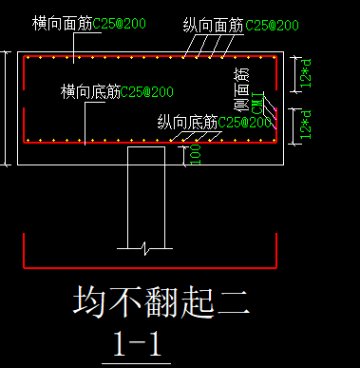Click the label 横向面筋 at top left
coord(62,22)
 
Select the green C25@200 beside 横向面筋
coord(121,22)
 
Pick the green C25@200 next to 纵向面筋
coord(273,25)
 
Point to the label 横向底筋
coord(90,92)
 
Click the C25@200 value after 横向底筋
coord(149,92)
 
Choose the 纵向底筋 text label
coord(187,123)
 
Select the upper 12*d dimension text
coord(303,75)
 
